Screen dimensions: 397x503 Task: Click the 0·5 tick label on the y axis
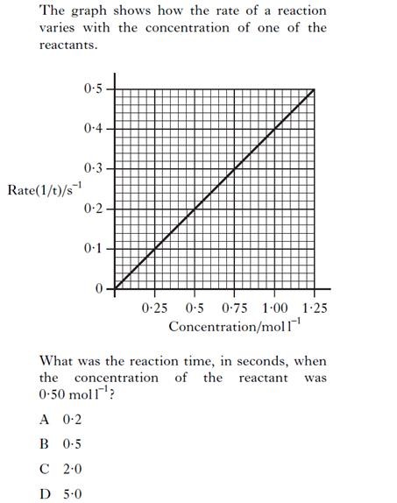[93, 89]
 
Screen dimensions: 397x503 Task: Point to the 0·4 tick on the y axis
[93, 129]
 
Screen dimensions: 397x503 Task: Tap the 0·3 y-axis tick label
[93, 167]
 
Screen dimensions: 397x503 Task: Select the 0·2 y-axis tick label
[93, 209]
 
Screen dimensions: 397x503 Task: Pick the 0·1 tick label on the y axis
[93, 249]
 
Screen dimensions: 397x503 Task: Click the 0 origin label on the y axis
[98, 288]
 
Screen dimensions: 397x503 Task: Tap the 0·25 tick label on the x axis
[155, 308]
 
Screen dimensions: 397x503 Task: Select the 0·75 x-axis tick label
[234, 308]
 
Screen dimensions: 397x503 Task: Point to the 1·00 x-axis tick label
[274, 308]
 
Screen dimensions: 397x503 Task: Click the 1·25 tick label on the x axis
[314, 308]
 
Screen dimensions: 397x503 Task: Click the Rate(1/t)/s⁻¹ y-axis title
[44, 188]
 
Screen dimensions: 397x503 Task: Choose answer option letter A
[44, 419]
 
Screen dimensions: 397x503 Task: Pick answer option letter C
[44, 469]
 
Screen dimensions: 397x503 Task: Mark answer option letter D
[44, 493]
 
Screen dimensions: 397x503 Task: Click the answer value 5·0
[72, 493]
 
